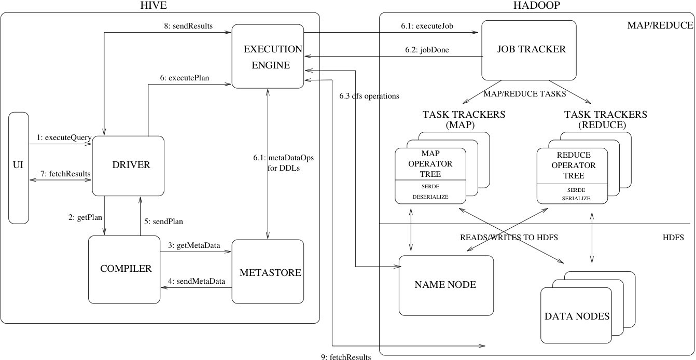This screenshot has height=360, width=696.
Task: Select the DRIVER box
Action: tap(128, 165)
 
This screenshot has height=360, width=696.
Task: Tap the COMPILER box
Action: tap(124, 269)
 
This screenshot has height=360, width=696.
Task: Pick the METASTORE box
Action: tap(268, 272)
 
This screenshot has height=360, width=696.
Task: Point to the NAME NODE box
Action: tap(446, 285)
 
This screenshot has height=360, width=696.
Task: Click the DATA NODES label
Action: tap(576, 316)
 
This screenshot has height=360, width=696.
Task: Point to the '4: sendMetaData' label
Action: tap(196, 281)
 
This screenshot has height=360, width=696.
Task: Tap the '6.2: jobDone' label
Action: tap(427, 50)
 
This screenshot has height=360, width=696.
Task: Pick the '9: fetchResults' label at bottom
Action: tap(346, 356)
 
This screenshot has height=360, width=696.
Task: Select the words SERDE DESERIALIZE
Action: tap(430, 192)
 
